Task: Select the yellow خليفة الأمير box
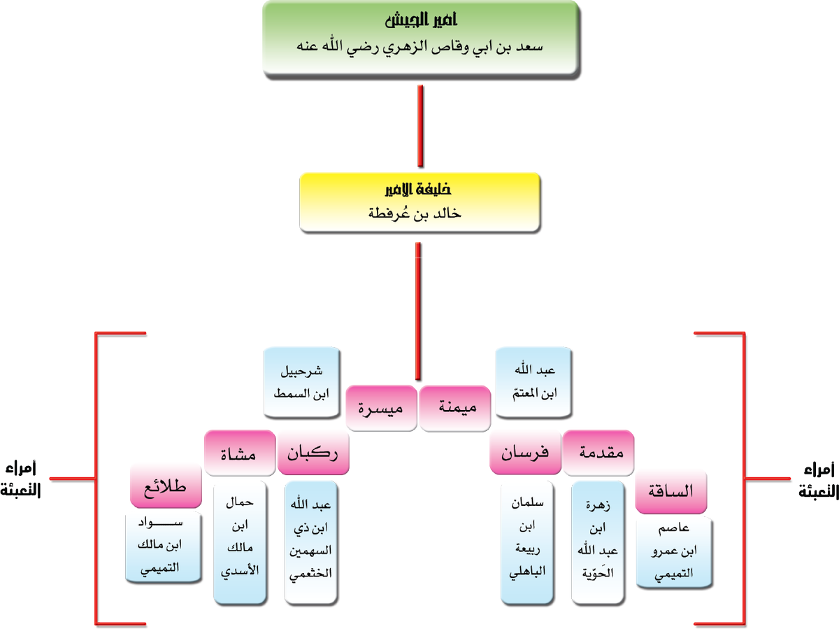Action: click(x=419, y=202)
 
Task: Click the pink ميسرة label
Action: click(x=382, y=407)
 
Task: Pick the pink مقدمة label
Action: click(x=599, y=453)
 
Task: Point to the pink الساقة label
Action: click(x=671, y=492)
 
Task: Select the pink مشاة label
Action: click(x=240, y=453)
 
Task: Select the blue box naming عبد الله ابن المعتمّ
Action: click(x=535, y=382)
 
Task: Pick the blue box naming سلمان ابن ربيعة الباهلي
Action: click(x=529, y=542)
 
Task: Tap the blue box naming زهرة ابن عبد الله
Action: click(x=598, y=542)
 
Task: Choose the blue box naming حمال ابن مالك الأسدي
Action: click(x=241, y=542)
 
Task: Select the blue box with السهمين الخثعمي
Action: click(x=312, y=542)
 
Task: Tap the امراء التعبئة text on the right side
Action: click(x=815, y=482)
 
